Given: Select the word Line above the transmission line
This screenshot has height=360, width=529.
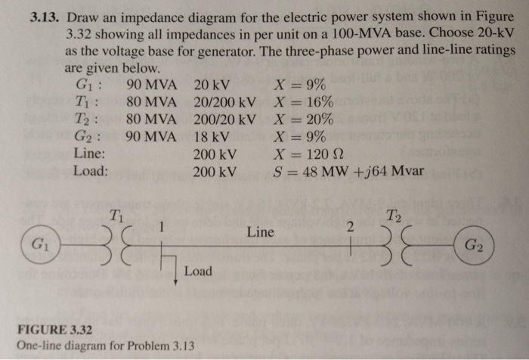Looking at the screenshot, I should pos(260,232).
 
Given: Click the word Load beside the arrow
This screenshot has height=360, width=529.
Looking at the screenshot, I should pos(198,271).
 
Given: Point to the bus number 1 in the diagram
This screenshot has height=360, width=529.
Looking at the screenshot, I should pos(161,227).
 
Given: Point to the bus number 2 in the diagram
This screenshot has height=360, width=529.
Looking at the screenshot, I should pos(349,228).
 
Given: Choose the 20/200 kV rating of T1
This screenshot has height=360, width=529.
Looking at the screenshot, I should pos(225,101).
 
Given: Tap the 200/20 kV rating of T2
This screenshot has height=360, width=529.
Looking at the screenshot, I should pos(225,119).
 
